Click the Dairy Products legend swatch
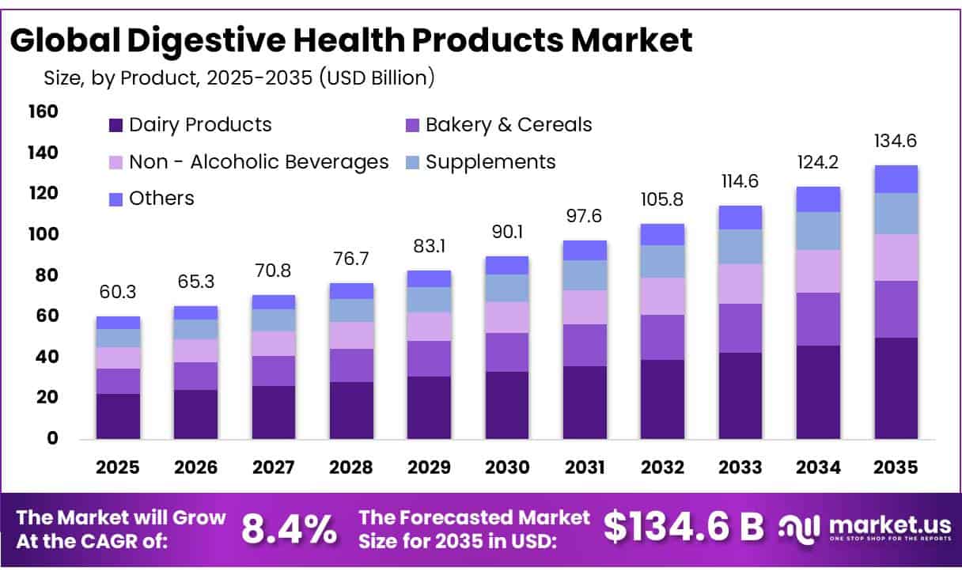click(116, 125)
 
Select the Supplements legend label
click(490, 162)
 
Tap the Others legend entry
click(161, 199)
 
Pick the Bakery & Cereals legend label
click(508, 125)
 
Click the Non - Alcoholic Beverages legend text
click(259, 162)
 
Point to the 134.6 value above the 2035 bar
click(896, 142)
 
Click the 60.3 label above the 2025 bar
click(118, 293)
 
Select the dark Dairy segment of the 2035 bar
click(896, 388)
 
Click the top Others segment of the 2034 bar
click(818, 199)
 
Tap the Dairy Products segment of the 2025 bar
click(118, 416)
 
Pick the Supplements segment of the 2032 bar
click(662, 261)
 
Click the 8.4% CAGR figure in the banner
click(288, 529)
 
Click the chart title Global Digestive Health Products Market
click(351, 40)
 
